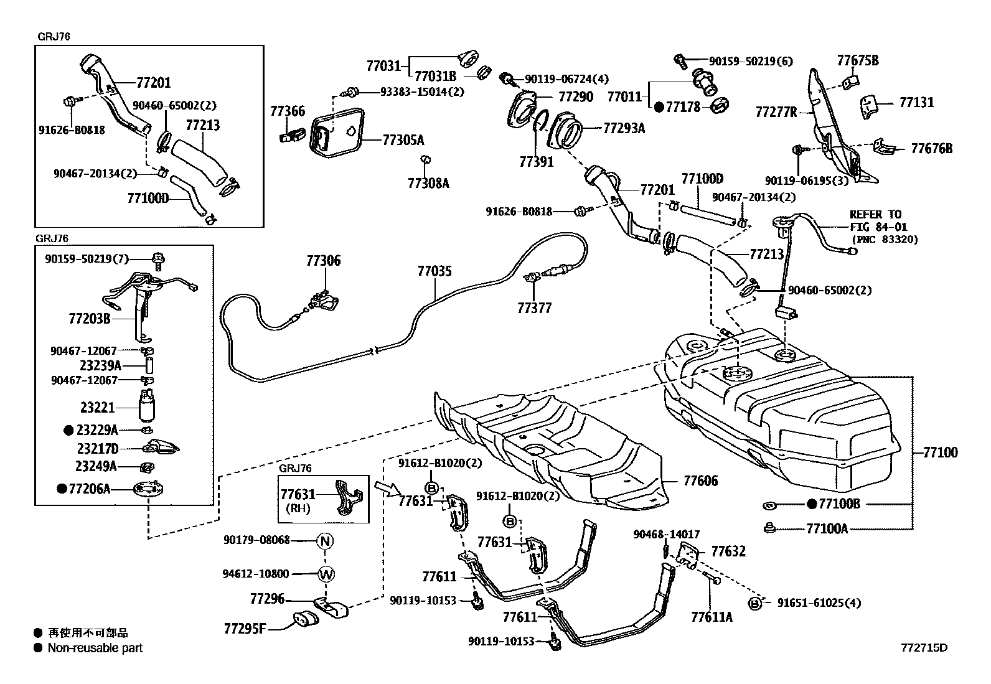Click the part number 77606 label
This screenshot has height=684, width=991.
tap(700, 480)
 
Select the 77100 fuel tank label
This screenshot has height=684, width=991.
tap(940, 452)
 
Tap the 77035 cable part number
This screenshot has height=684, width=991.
tap(434, 271)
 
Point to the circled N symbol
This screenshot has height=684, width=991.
tap(325, 541)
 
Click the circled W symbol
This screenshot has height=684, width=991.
tap(326, 574)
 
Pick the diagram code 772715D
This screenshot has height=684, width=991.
tap(924, 648)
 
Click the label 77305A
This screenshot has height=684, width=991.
tap(403, 140)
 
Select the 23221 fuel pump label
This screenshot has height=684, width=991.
tap(97, 407)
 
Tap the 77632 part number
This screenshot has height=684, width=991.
tap(728, 551)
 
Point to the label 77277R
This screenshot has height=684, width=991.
tap(776, 112)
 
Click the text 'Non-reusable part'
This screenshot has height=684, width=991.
tap(95, 648)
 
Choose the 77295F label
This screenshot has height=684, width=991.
tap(245, 628)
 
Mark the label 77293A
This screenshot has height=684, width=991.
tap(624, 128)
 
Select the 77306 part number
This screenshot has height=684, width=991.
tap(324, 261)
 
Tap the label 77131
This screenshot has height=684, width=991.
tap(917, 102)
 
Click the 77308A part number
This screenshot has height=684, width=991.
tap(428, 183)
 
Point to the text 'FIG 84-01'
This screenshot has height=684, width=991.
tap(878, 227)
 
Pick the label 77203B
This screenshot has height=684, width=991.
tap(90, 319)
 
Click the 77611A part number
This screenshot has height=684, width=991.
tap(712, 617)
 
